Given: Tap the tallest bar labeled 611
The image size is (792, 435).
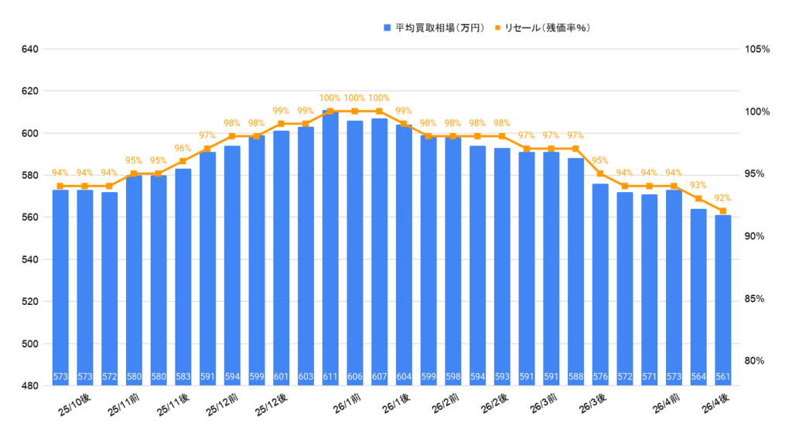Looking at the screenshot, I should click(330, 248).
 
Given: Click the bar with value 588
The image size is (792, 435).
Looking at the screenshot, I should click(575, 272).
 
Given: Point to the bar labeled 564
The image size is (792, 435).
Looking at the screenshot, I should click(698, 297).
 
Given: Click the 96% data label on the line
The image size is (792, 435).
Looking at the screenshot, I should click(183, 149).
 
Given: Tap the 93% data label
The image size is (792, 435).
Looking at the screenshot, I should click(698, 186).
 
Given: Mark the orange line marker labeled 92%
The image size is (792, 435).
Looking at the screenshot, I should click(723, 211).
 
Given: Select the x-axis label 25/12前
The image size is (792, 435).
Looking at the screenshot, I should click(222, 406).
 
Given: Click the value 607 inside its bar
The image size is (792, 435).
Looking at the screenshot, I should click(379, 378).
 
